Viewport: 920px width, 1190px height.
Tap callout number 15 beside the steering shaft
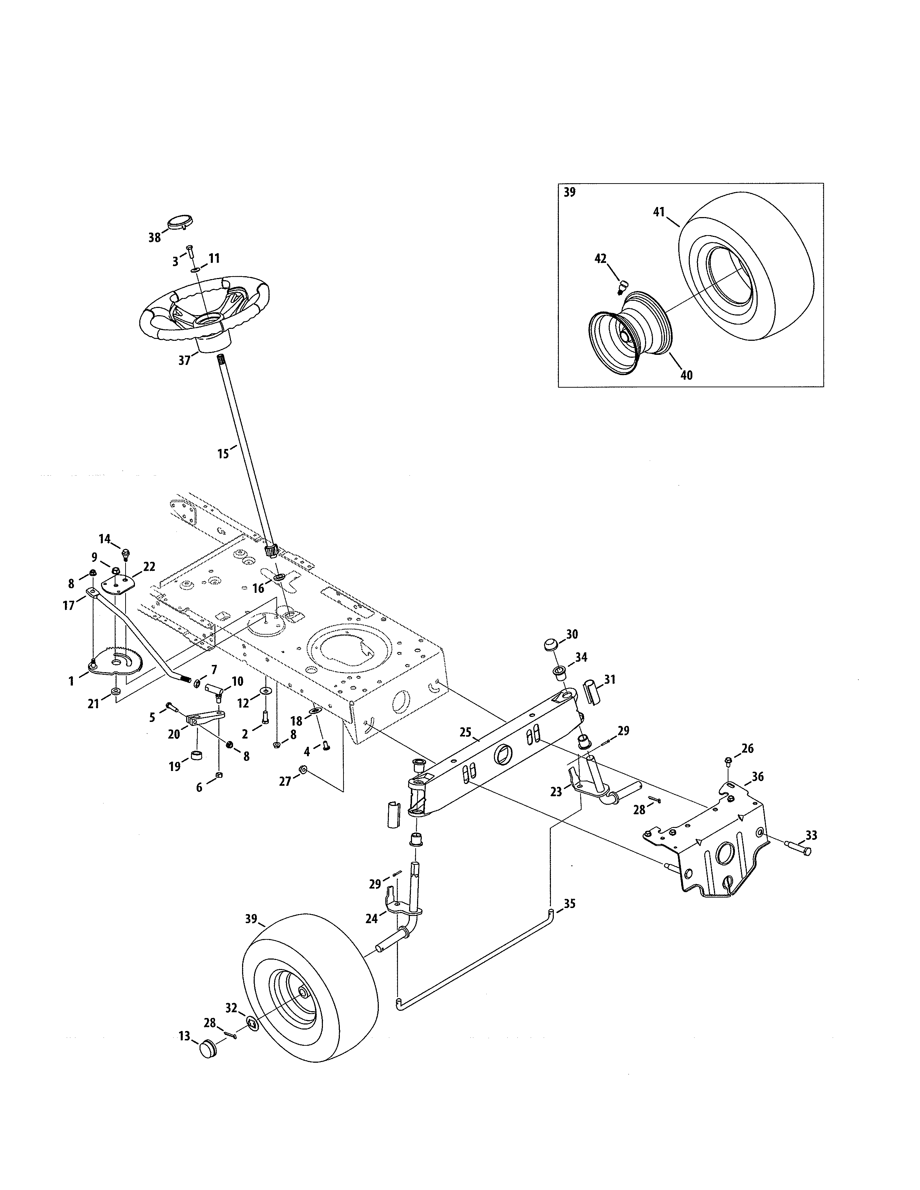223,453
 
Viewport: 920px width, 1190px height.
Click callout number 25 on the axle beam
465,732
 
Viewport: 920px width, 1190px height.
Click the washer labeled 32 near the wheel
252,1023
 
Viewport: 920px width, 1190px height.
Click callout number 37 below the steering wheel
184,360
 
